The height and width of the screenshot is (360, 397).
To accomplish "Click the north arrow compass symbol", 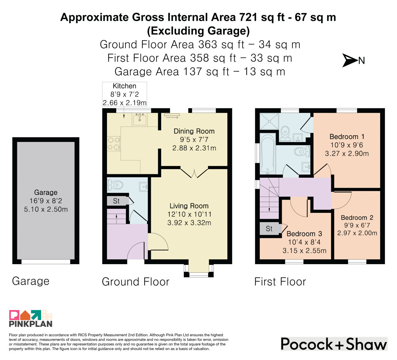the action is pyautogui.click(x=350, y=60).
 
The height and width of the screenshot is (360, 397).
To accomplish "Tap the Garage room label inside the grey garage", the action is pyautogui.click(x=46, y=192).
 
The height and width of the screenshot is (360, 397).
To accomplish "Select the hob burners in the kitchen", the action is pyautogui.click(x=114, y=144).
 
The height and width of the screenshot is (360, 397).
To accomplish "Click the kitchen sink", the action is pyautogui.click(x=140, y=120).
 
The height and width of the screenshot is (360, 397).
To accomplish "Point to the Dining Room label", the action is pyautogui.click(x=194, y=131).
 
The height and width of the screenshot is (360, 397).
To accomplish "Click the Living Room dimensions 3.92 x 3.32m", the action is pyautogui.click(x=189, y=223).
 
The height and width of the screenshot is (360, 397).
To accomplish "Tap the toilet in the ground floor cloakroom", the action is pyautogui.click(x=115, y=185).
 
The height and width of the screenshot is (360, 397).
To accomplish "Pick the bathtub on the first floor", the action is pyautogui.click(x=268, y=154).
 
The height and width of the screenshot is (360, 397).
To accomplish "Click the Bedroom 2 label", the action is pyautogui.click(x=357, y=218).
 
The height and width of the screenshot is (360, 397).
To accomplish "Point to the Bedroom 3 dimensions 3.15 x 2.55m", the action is pyautogui.click(x=304, y=251).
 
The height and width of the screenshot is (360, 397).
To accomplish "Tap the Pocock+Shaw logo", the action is pyautogui.click(x=334, y=344).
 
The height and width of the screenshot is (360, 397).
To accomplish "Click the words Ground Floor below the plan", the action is pyautogui.click(x=136, y=281).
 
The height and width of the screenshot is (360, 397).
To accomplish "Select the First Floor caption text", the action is pyautogui.click(x=280, y=281).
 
